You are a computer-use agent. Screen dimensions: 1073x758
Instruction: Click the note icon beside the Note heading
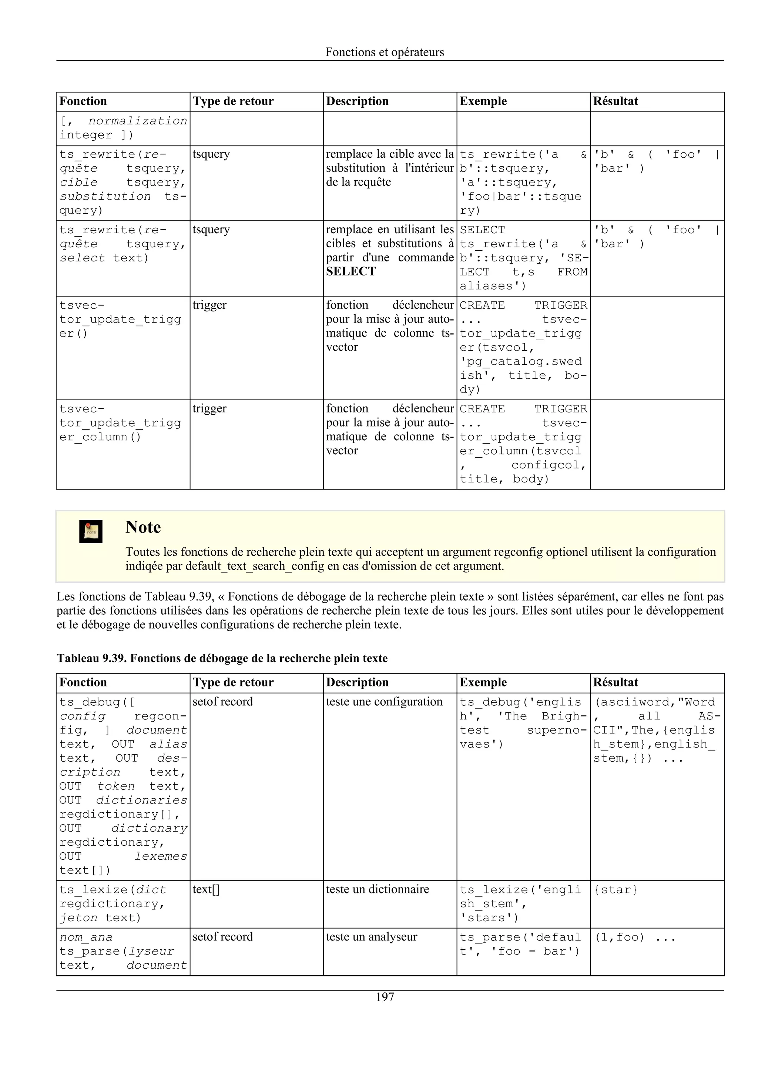point(91,531)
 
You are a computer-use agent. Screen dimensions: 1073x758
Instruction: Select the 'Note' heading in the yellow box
point(143,527)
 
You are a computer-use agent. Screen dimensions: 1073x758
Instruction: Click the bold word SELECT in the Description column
point(351,271)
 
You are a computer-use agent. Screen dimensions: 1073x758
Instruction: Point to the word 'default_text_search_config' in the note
point(255,566)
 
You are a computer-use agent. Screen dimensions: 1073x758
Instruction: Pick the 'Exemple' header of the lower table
point(483,682)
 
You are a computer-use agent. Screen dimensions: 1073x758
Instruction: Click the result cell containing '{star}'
point(615,890)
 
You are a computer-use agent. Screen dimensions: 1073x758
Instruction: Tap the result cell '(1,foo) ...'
point(634,937)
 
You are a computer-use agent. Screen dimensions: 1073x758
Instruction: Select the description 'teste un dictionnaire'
point(378,889)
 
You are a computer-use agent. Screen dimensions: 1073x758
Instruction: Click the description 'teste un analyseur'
point(371,937)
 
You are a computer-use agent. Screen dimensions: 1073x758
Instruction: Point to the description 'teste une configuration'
point(384,702)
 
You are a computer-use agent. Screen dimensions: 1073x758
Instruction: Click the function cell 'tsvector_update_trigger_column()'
point(120,423)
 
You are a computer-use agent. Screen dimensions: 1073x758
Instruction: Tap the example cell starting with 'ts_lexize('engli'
point(520,903)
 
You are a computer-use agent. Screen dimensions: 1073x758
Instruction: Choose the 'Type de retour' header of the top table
point(233,101)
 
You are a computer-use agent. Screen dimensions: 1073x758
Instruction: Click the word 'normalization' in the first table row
point(138,121)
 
